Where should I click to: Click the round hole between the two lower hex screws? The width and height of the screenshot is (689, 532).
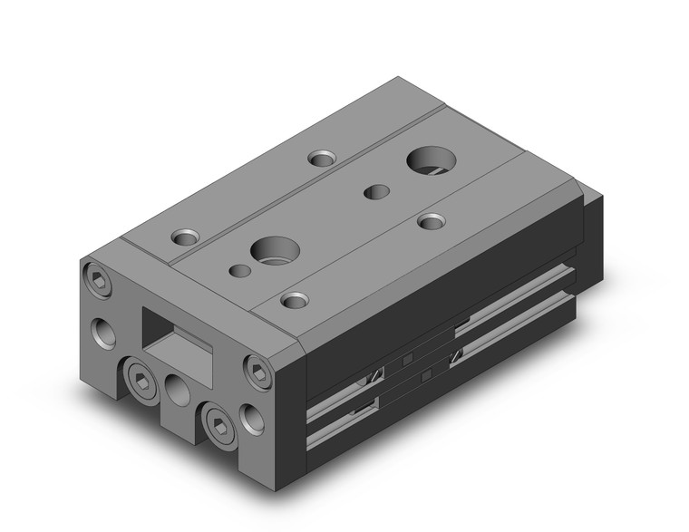[x=177, y=392]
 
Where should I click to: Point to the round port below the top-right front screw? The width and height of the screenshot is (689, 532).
[x=247, y=416]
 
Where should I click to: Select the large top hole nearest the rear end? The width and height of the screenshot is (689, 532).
[x=427, y=161]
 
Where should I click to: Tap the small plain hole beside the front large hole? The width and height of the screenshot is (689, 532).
[x=239, y=270]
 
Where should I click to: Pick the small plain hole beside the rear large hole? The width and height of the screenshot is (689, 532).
[x=374, y=191]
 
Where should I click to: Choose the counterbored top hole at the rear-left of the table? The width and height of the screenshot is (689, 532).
[x=321, y=159]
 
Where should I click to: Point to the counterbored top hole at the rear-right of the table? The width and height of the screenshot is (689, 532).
[x=432, y=220]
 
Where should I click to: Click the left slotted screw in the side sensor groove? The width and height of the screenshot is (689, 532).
[x=374, y=372]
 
